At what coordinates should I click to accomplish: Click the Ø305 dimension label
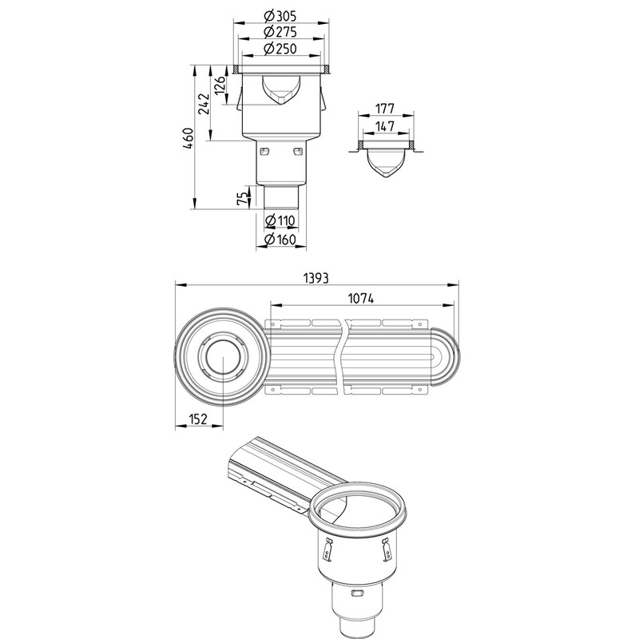pos(280,16)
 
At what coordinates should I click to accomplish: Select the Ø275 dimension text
pos(280,32)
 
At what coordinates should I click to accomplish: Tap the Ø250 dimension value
pos(280,49)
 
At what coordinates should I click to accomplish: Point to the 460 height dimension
pos(188,138)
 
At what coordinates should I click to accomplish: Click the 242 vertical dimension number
pos(204,105)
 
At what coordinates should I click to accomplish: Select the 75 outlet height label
pos(243,198)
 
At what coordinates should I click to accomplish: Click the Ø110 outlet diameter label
pos(280,220)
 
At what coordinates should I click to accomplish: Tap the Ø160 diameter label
pos(280,239)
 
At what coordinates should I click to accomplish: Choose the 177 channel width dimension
pos(385,109)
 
